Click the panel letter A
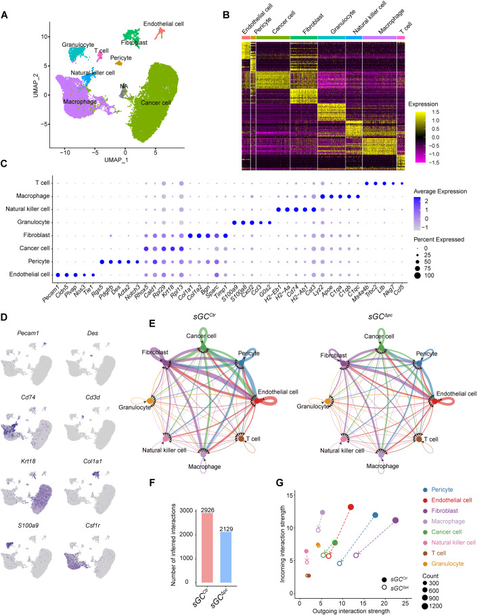pyautogui.click(x=6, y=7)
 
